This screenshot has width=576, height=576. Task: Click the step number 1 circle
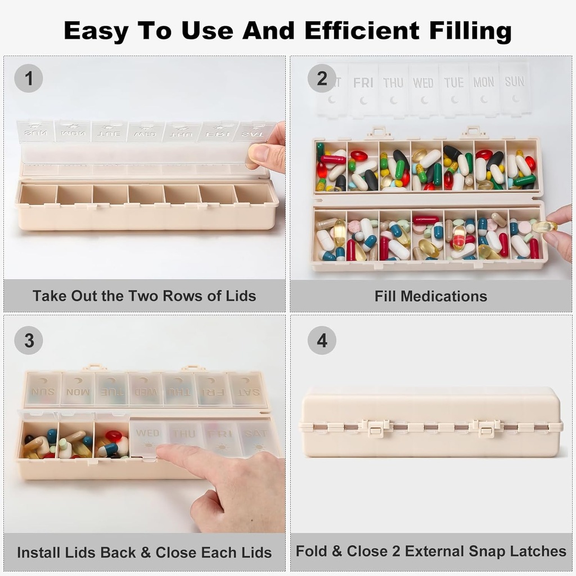pyautogui.click(x=28, y=78)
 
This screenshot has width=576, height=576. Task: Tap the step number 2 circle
pyautogui.click(x=322, y=78)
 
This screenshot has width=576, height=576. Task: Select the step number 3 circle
pyautogui.click(x=28, y=340)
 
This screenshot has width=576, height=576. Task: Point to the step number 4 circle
pyautogui.click(x=322, y=340)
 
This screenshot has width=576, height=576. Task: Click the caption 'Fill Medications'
pyautogui.click(x=431, y=296)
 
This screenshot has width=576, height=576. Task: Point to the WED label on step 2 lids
pyautogui.click(x=423, y=83)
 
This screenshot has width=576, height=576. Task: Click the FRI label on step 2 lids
pyautogui.click(x=363, y=83)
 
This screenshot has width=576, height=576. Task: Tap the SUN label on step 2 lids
pyautogui.click(x=514, y=82)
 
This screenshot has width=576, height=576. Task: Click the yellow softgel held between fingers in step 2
pyautogui.click(x=544, y=227)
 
